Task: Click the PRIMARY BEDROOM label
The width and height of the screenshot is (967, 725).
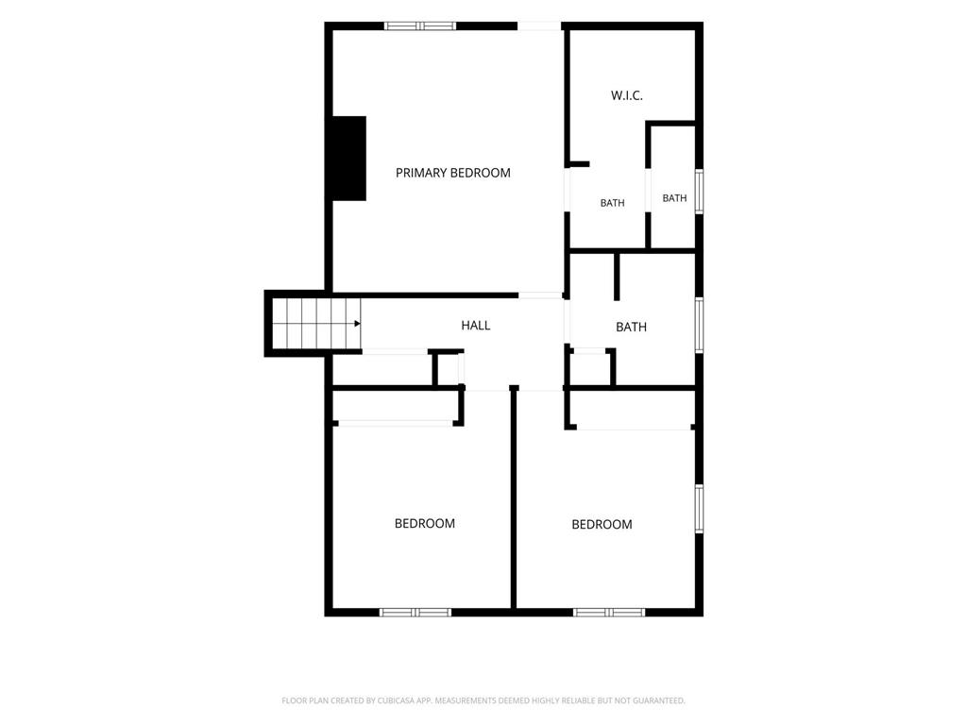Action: click(x=452, y=174)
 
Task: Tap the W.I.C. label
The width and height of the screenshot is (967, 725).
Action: click(x=627, y=95)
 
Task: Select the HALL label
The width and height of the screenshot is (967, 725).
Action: click(x=476, y=326)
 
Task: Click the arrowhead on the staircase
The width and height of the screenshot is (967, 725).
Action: click(x=357, y=324)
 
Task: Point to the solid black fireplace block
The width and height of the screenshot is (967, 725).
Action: click(x=349, y=159)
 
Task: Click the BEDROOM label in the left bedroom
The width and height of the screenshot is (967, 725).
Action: click(x=425, y=523)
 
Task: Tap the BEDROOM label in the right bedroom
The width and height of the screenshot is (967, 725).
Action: click(x=602, y=525)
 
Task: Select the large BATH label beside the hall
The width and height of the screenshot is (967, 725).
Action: click(x=632, y=327)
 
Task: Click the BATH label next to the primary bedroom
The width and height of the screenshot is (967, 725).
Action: click(x=612, y=203)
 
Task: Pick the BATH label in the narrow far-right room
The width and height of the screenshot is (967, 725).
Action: click(x=674, y=198)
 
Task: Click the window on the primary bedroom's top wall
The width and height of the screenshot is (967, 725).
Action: click(x=420, y=25)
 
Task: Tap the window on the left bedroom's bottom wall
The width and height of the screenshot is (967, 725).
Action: click(x=416, y=612)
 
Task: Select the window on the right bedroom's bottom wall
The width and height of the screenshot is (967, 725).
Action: click(x=609, y=612)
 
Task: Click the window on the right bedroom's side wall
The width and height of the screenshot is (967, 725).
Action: click(x=700, y=509)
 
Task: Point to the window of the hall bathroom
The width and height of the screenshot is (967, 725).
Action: click(x=700, y=326)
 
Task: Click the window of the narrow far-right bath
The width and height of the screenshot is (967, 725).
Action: click(x=700, y=192)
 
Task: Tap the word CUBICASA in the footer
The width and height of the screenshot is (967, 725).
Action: click(x=396, y=701)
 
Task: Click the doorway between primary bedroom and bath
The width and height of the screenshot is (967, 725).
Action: click(x=568, y=189)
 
